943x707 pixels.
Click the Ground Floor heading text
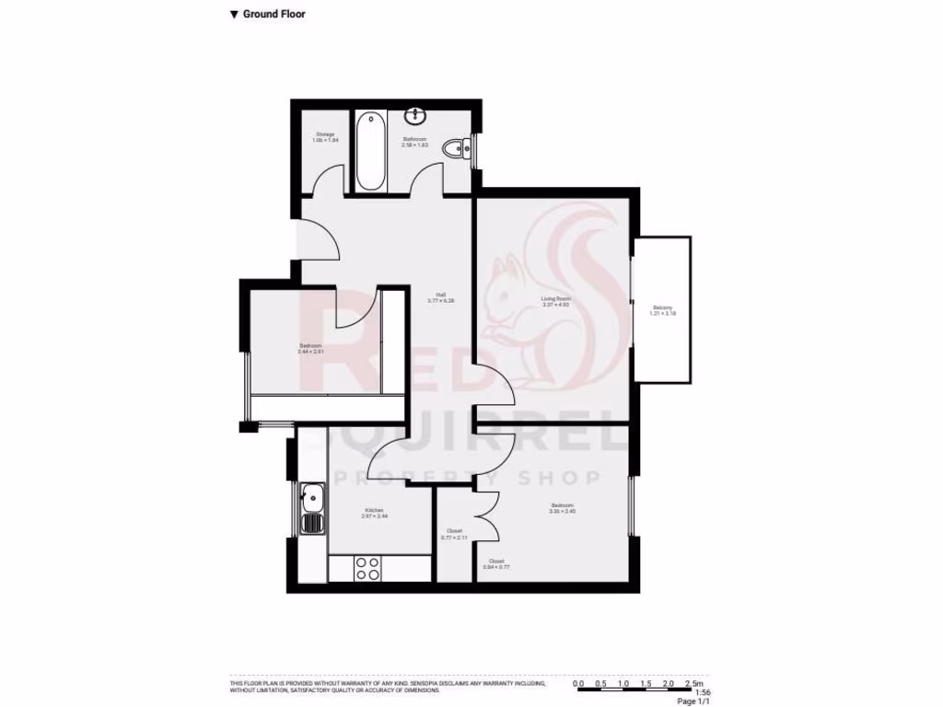[x=274, y=14]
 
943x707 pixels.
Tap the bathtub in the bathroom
[x=370, y=150]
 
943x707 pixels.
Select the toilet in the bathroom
[x=456, y=149]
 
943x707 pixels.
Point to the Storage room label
[x=325, y=138]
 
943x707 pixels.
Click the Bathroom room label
[x=414, y=142]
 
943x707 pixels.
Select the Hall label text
[x=441, y=297]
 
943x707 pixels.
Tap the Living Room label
[x=556, y=301]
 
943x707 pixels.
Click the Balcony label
[x=663, y=310]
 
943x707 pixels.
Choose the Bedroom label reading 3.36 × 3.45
[x=563, y=508]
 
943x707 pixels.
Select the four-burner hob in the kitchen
[x=368, y=568]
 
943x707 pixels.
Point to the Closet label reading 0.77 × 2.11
[x=455, y=534]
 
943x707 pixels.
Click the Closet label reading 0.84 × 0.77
[x=496, y=563]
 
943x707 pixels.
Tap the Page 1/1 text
[x=693, y=701]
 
